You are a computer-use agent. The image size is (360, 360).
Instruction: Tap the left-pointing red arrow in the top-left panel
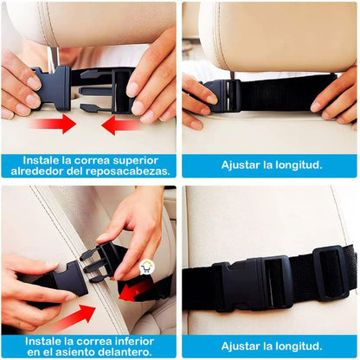[121, 125]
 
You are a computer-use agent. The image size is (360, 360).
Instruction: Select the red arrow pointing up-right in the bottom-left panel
[74, 315]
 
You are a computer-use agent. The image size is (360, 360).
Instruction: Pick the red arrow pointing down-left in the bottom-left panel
[136, 289]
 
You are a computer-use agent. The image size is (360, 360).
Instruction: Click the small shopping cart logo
[145, 269]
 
